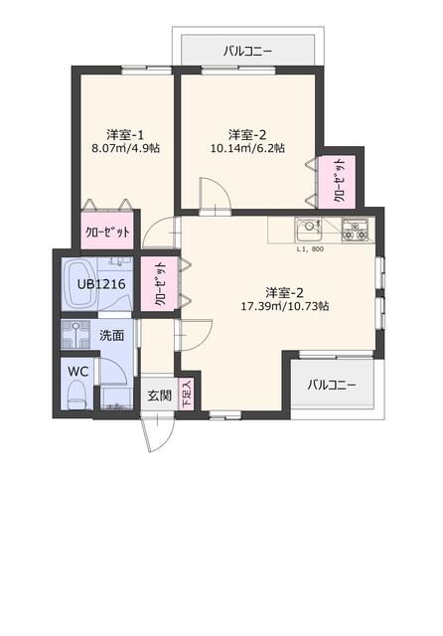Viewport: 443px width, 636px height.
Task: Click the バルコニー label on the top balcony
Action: pos(247,50)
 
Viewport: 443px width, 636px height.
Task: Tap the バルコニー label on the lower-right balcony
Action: pos(331,385)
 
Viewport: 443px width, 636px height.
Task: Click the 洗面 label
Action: pos(111,335)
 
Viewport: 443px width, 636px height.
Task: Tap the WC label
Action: pos(77,370)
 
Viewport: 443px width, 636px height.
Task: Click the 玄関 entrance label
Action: pos(159,396)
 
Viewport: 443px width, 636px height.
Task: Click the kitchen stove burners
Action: pos(354,232)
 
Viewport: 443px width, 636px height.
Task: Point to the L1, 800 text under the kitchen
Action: pos(310,249)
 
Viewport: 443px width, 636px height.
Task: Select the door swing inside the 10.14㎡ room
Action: pos(214,194)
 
